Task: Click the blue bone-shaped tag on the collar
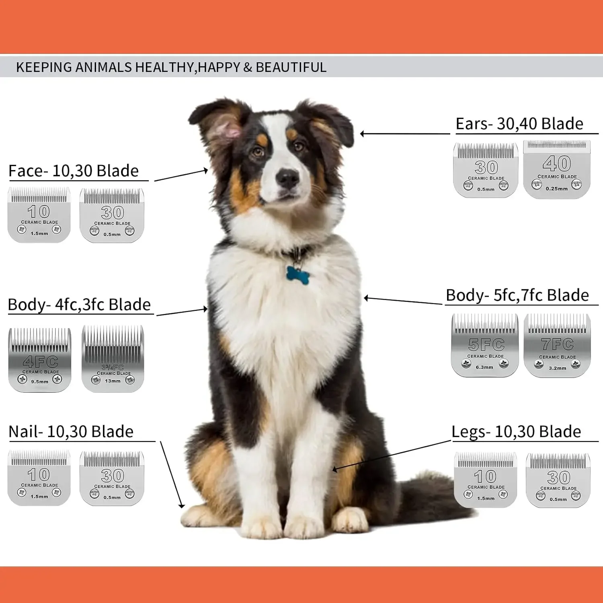click(x=298, y=275)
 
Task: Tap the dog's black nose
click(x=288, y=177)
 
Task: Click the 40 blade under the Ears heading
click(x=557, y=169)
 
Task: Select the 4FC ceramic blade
click(x=40, y=360)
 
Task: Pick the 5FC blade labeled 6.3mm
click(x=485, y=345)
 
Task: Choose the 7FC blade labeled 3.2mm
click(x=557, y=346)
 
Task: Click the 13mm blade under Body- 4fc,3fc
click(x=113, y=359)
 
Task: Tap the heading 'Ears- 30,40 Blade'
click(x=519, y=124)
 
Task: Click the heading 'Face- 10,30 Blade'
click(x=74, y=171)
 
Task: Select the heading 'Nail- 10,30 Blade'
click(x=71, y=432)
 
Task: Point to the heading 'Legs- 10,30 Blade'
click(x=516, y=432)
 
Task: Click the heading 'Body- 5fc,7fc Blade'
click(x=517, y=295)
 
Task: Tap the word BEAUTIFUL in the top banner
click(x=291, y=67)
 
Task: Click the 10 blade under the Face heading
click(x=39, y=215)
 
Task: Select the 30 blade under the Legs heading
click(x=558, y=480)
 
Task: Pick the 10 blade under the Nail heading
click(x=39, y=478)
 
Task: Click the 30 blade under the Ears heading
click(x=486, y=170)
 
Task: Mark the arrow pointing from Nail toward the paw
click(x=172, y=475)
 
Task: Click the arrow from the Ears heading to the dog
click(x=405, y=134)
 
